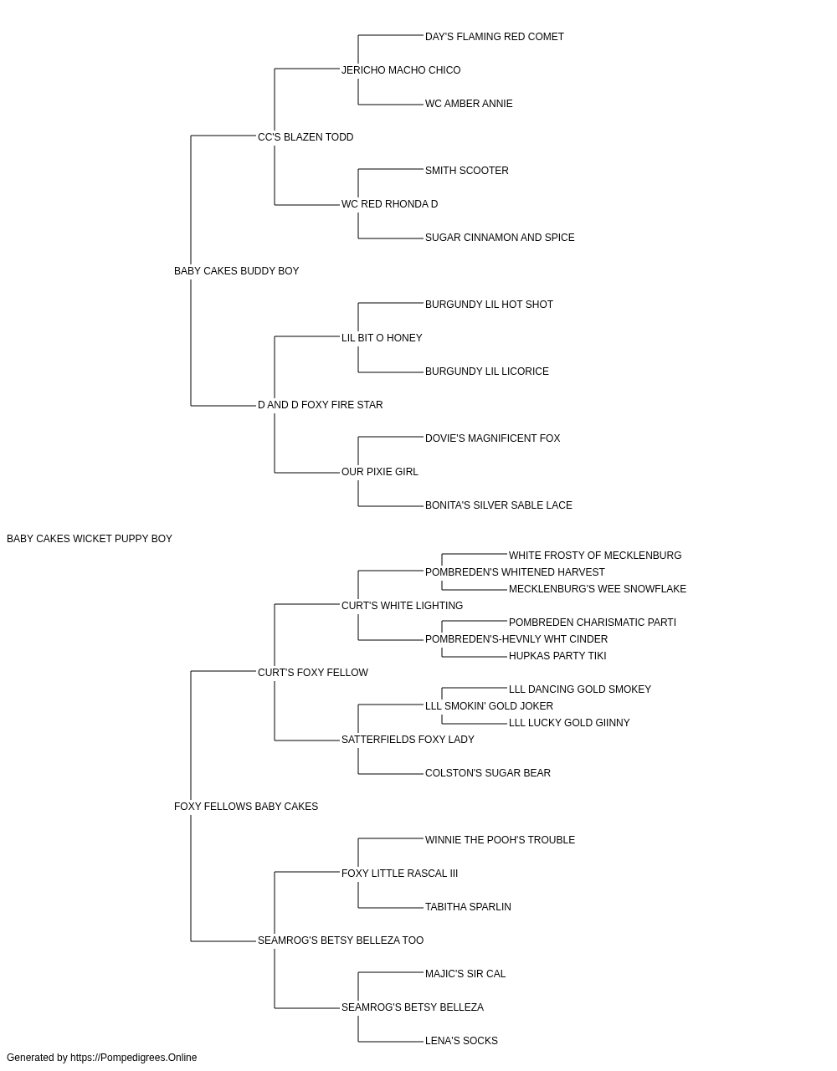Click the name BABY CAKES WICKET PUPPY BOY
tap(90, 539)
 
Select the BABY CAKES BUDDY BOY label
tap(237, 271)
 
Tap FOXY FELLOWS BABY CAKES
tap(246, 807)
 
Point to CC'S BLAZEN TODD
tap(306, 137)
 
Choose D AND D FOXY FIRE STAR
tap(321, 405)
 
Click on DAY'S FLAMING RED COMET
tap(495, 37)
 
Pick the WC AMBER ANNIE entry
tap(469, 104)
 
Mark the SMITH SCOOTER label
tap(467, 171)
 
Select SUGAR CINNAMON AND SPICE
tap(500, 238)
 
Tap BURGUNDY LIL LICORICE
tap(487, 372)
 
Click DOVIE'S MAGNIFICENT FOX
tap(493, 438)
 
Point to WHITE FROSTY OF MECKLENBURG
tap(595, 556)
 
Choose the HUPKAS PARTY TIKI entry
tap(557, 655)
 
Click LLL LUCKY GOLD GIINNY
tap(569, 723)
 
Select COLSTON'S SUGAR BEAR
tap(488, 773)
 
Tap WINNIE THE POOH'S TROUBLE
tap(500, 840)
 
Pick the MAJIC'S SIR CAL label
tap(465, 974)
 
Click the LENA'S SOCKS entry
tap(461, 1040)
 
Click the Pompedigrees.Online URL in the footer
tap(134, 1058)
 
